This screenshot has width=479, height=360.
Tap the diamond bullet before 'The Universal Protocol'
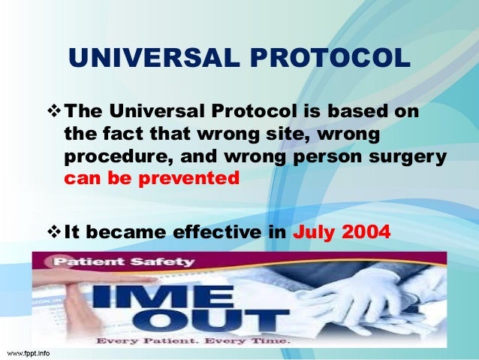tap(56, 112)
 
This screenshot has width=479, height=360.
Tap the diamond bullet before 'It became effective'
tap(56, 232)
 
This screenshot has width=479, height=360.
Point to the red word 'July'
tap(313, 232)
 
